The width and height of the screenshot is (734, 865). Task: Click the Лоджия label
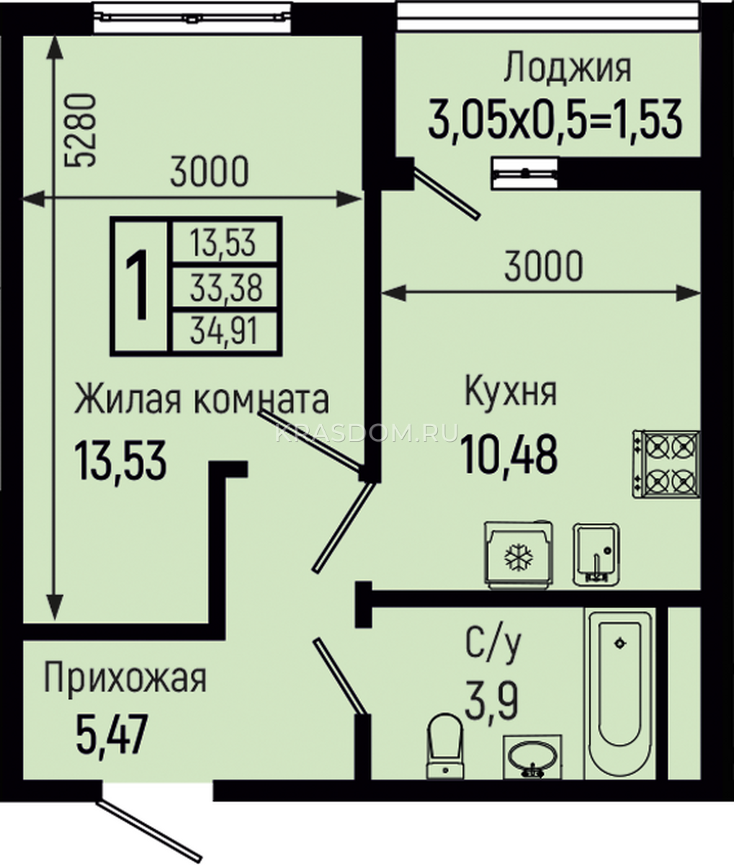pyautogui.click(x=568, y=68)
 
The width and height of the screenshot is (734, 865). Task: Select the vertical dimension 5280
pyautogui.click(x=81, y=130)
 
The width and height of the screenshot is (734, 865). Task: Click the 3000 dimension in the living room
pyautogui.click(x=210, y=171)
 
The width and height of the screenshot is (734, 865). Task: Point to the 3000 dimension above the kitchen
pyautogui.click(x=543, y=266)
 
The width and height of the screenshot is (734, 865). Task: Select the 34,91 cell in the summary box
pyautogui.click(x=224, y=332)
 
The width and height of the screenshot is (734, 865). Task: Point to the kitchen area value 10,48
pyautogui.click(x=510, y=454)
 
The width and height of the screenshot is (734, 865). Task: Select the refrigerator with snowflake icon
pyautogui.click(x=519, y=555)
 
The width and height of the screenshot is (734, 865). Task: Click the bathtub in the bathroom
pyautogui.click(x=619, y=696)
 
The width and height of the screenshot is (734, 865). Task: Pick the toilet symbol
pyautogui.click(x=445, y=746)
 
